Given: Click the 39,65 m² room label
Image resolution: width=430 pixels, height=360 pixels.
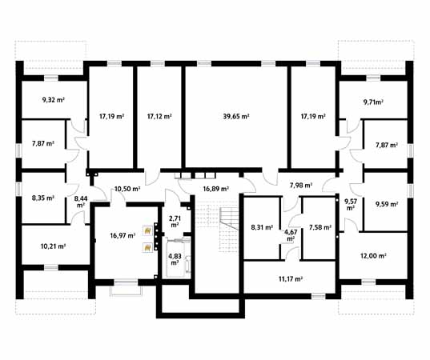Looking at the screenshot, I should (236, 117).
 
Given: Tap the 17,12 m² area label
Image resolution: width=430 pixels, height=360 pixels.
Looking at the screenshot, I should (159, 117).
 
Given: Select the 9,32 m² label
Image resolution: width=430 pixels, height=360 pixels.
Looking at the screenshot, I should (53, 102).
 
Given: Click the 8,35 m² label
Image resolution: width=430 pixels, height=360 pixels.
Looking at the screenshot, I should (42, 194).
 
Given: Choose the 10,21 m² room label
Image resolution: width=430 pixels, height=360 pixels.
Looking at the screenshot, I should (53, 246).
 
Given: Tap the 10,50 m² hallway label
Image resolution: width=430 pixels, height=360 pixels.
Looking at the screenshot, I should (127, 190).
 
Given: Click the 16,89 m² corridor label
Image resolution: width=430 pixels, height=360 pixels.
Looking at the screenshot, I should (215, 190).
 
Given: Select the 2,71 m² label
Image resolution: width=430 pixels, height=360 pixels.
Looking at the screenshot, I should (175, 221).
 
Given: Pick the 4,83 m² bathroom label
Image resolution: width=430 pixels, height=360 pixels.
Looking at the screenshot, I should (175, 259).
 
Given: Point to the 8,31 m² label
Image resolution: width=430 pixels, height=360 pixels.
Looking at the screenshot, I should (262, 226).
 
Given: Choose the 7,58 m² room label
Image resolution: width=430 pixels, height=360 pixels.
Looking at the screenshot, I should (319, 226).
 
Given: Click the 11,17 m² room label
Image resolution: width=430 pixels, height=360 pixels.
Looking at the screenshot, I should (289, 278).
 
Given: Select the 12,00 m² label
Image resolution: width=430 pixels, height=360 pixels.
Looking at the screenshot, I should (374, 256).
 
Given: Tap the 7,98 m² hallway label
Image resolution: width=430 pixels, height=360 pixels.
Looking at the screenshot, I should (301, 186).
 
